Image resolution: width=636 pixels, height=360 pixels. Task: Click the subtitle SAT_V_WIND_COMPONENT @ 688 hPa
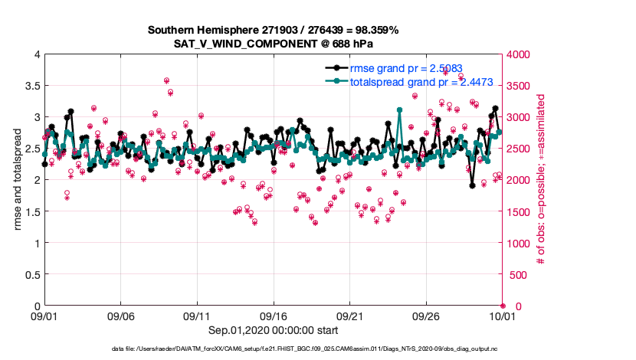[272, 43]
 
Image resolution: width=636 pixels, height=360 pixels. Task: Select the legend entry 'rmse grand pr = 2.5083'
[406, 68]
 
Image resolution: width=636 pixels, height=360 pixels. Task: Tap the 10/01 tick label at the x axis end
[502, 316]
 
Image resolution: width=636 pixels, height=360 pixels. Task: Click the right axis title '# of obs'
[541, 180]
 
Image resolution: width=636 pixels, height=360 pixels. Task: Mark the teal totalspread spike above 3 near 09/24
[400, 110]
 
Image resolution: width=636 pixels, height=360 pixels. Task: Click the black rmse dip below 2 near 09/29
[473, 185]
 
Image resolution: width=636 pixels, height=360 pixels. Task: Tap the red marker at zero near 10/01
[503, 306]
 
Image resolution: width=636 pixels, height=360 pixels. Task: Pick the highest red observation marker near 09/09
[166, 80]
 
